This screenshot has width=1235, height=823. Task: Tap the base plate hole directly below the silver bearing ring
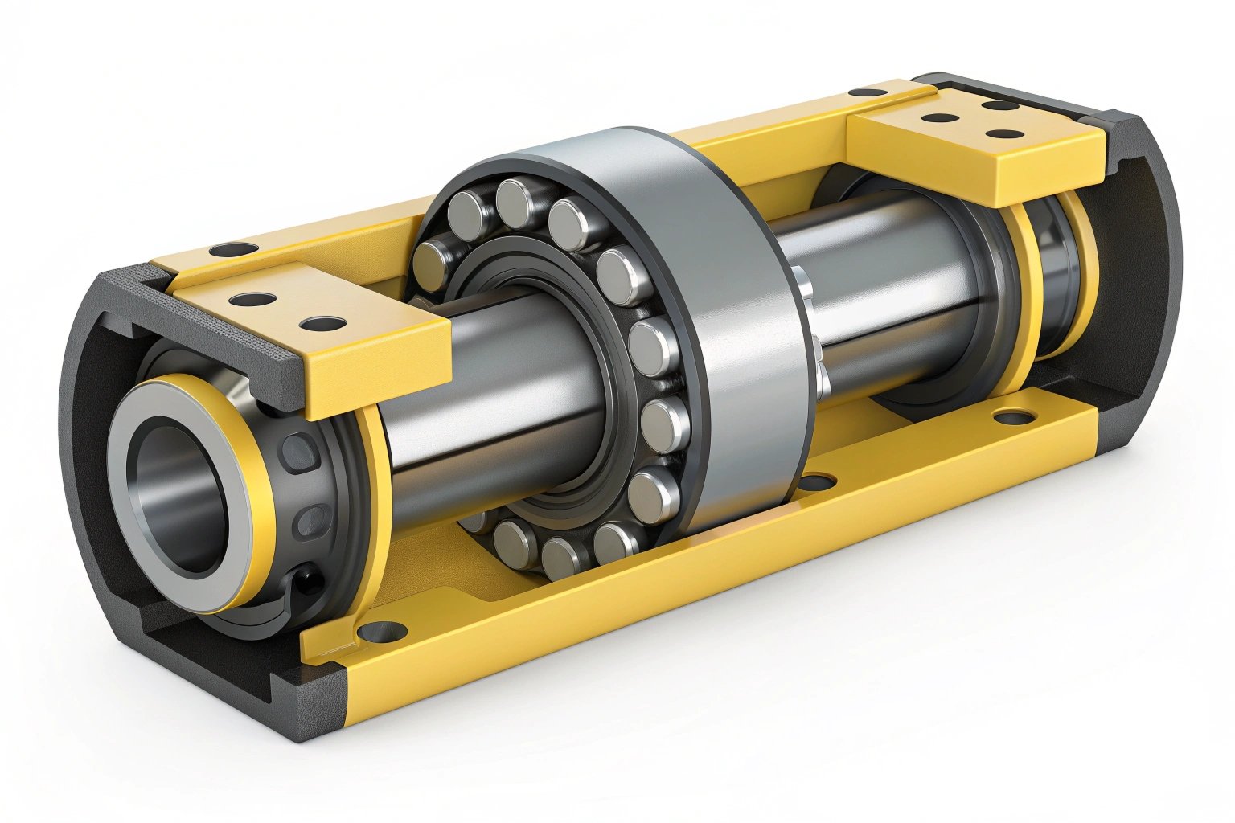tap(818, 482)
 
